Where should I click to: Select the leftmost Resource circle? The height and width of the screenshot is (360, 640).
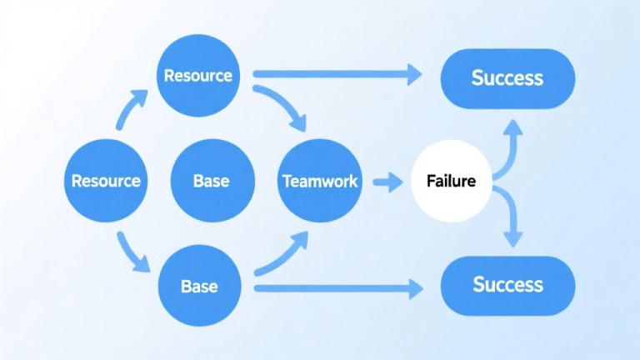pyautogui.click(x=105, y=180)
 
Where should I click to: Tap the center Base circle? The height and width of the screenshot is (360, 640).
pyautogui.click(x=211, y=180)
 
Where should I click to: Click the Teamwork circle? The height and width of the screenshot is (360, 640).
pyautogui.click(x=320, y=180)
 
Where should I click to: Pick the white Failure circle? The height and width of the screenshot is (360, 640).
pyautogui.click(x=451, y=180)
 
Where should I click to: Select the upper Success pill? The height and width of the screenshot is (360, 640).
pyautogui.click(x=507, y=77)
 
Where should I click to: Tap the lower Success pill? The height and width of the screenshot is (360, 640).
pyautogui.click(x=507, y=284)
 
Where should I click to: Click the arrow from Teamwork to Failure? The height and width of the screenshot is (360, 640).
pyautogui.click(x=387, y=181)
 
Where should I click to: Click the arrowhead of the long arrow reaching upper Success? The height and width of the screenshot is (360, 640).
pyautogui.click(x=412, y=74)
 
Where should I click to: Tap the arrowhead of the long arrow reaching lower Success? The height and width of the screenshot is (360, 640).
pyautogui.click(x=412, y=289)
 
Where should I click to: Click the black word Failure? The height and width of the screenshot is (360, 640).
pyautogui.click(x=451, y=180)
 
